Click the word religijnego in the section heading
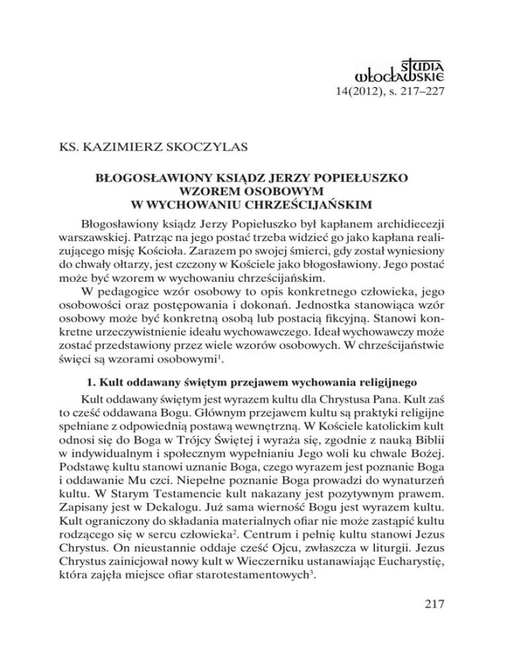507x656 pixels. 393,382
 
